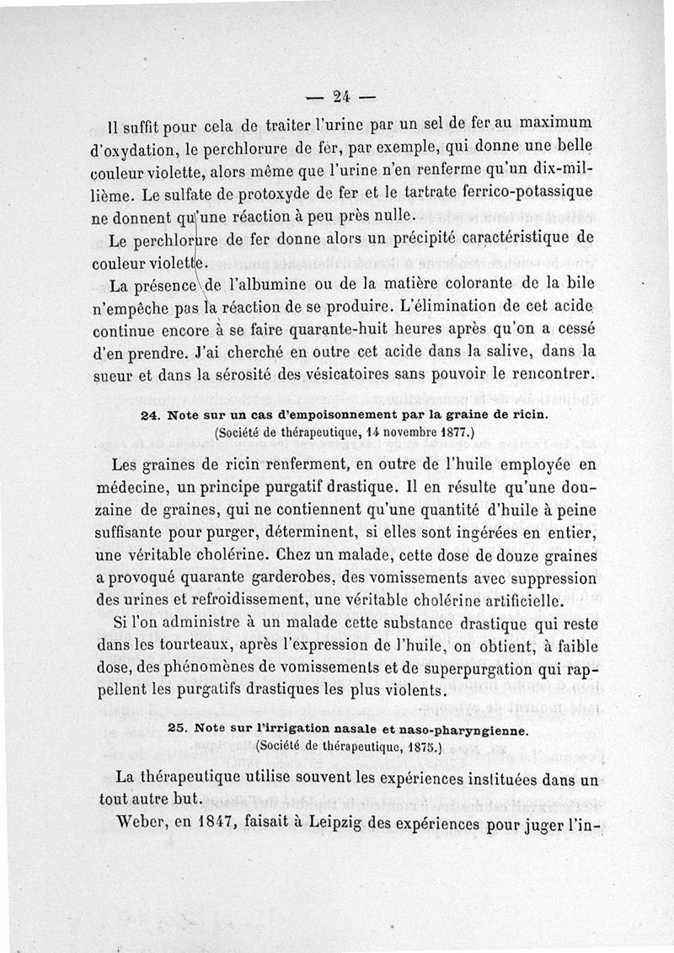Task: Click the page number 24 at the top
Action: point(341,94)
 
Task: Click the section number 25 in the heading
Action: point(176,729)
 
